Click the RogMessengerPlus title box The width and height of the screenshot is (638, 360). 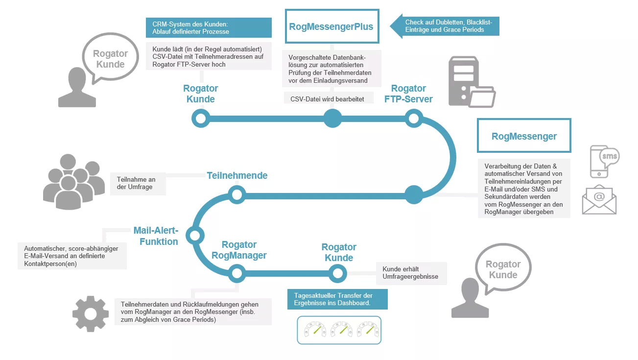pos(331,26)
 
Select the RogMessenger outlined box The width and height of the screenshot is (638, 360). pos(524,136)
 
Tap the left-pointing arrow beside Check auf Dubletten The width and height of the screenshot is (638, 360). pos(397,26)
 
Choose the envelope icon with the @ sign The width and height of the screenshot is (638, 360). pos(599,199)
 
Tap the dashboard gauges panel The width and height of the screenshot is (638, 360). pos(339,330)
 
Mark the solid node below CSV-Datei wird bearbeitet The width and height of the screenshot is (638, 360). pos(332,118)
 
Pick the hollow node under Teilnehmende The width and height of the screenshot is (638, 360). pos(237,195)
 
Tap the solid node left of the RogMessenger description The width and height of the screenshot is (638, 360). pos(413,195)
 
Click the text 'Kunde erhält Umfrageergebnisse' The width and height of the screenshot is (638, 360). pos(411,273)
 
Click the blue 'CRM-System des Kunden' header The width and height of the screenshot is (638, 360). pos(209,27)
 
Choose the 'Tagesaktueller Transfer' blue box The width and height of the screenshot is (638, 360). pos(337,299)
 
